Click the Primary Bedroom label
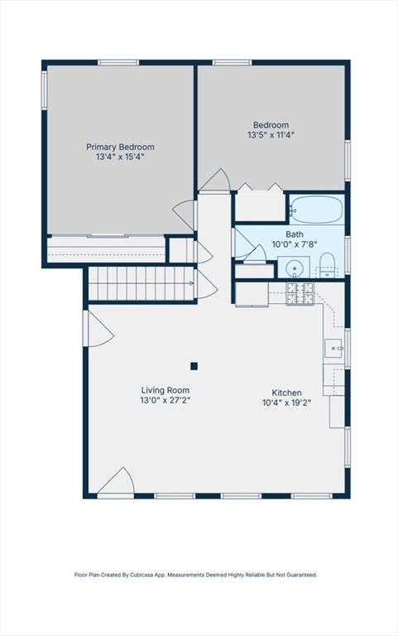[120, 147]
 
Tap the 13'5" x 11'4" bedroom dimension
[271, 135]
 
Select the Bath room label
[295, 234]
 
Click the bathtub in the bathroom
[317, 210]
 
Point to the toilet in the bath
[327, 266]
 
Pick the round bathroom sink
[294, 267]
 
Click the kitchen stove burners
[300, 293]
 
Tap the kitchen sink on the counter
[334, 348]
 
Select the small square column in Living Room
[194, 366]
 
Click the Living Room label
[165, 390]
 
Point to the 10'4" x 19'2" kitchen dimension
[286, 402]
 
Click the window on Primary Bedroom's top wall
[118, 62]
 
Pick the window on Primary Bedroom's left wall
[44, 90]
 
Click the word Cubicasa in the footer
[150, 575]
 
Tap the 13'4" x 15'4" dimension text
[120, 157]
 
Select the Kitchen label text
[286, 393]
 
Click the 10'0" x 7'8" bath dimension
[295, 244]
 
